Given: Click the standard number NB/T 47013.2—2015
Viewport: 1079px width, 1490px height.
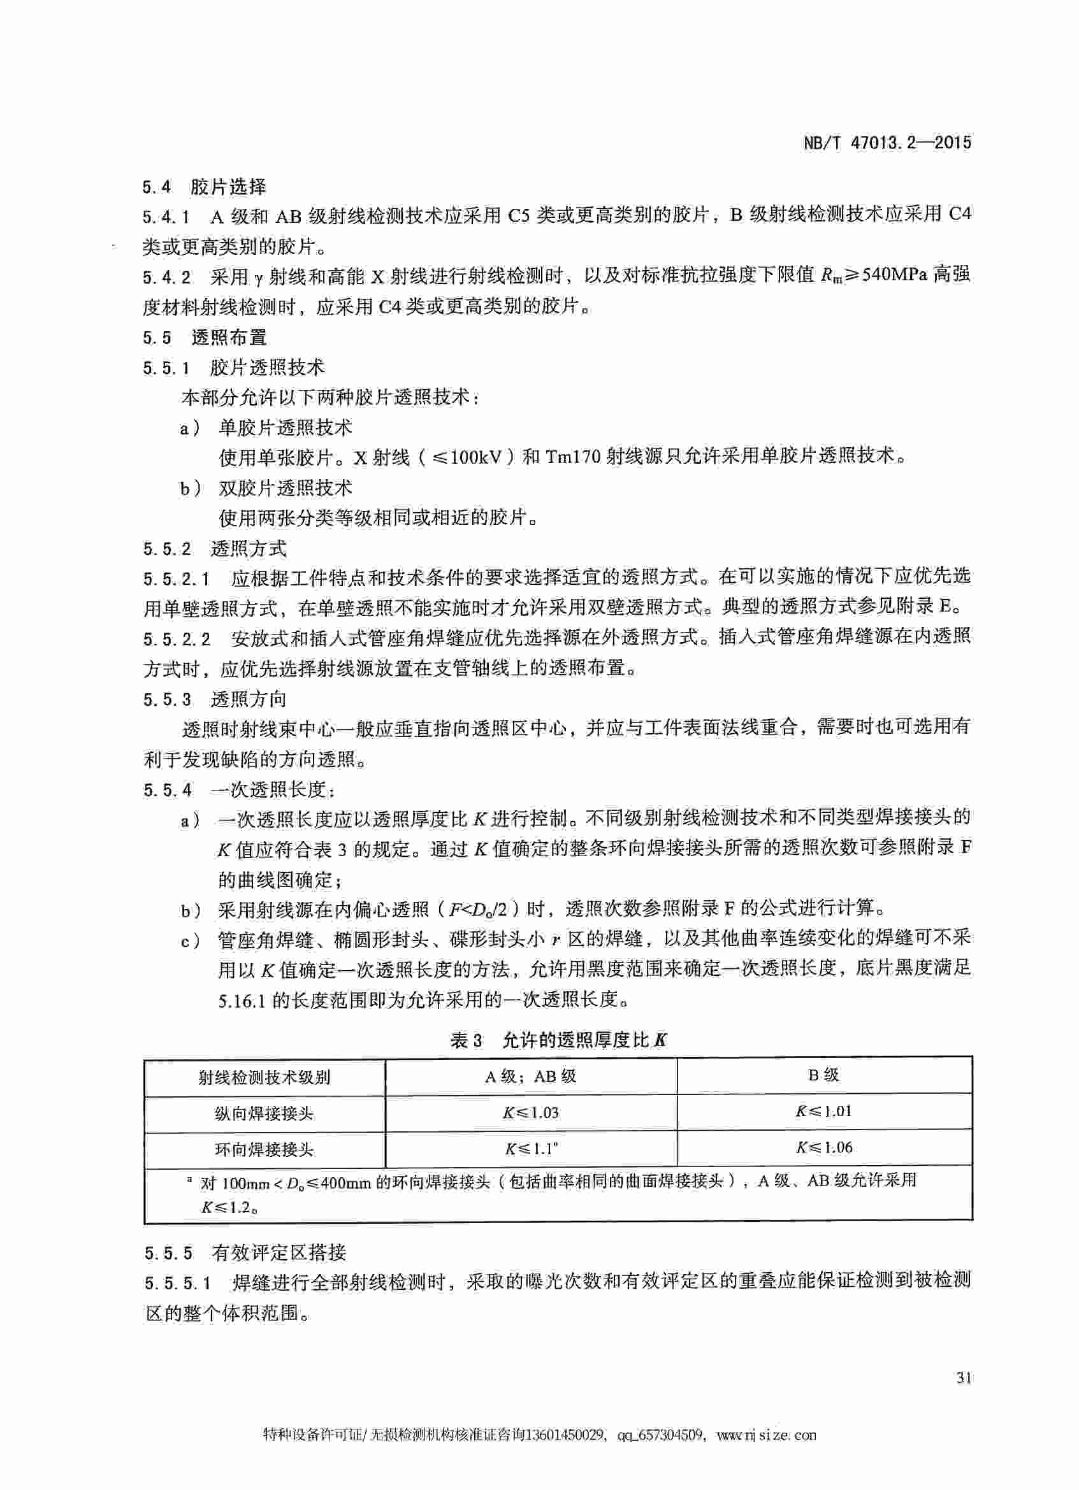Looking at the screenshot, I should click(x=887, y=143).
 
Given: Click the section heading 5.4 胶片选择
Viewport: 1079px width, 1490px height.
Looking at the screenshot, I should click(x=204, y=187).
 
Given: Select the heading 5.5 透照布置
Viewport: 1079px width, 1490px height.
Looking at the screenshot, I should click(x=205, y=338).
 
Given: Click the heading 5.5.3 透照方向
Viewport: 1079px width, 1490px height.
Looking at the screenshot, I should click(x=215, y=699).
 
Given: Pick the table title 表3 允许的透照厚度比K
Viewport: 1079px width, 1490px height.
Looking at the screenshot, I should click(x=558, y=1040).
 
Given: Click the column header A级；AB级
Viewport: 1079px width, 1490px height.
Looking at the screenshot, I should click(x=530, y=1076).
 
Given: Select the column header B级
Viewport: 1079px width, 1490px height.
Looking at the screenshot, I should click(x=823, y=1075).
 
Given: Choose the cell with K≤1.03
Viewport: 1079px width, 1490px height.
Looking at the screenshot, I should click(x=530, y=1113).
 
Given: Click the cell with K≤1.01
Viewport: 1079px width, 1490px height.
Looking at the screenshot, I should click(x=823, y=1112).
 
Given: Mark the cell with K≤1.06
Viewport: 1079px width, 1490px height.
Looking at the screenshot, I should click(x=823, y=1148).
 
